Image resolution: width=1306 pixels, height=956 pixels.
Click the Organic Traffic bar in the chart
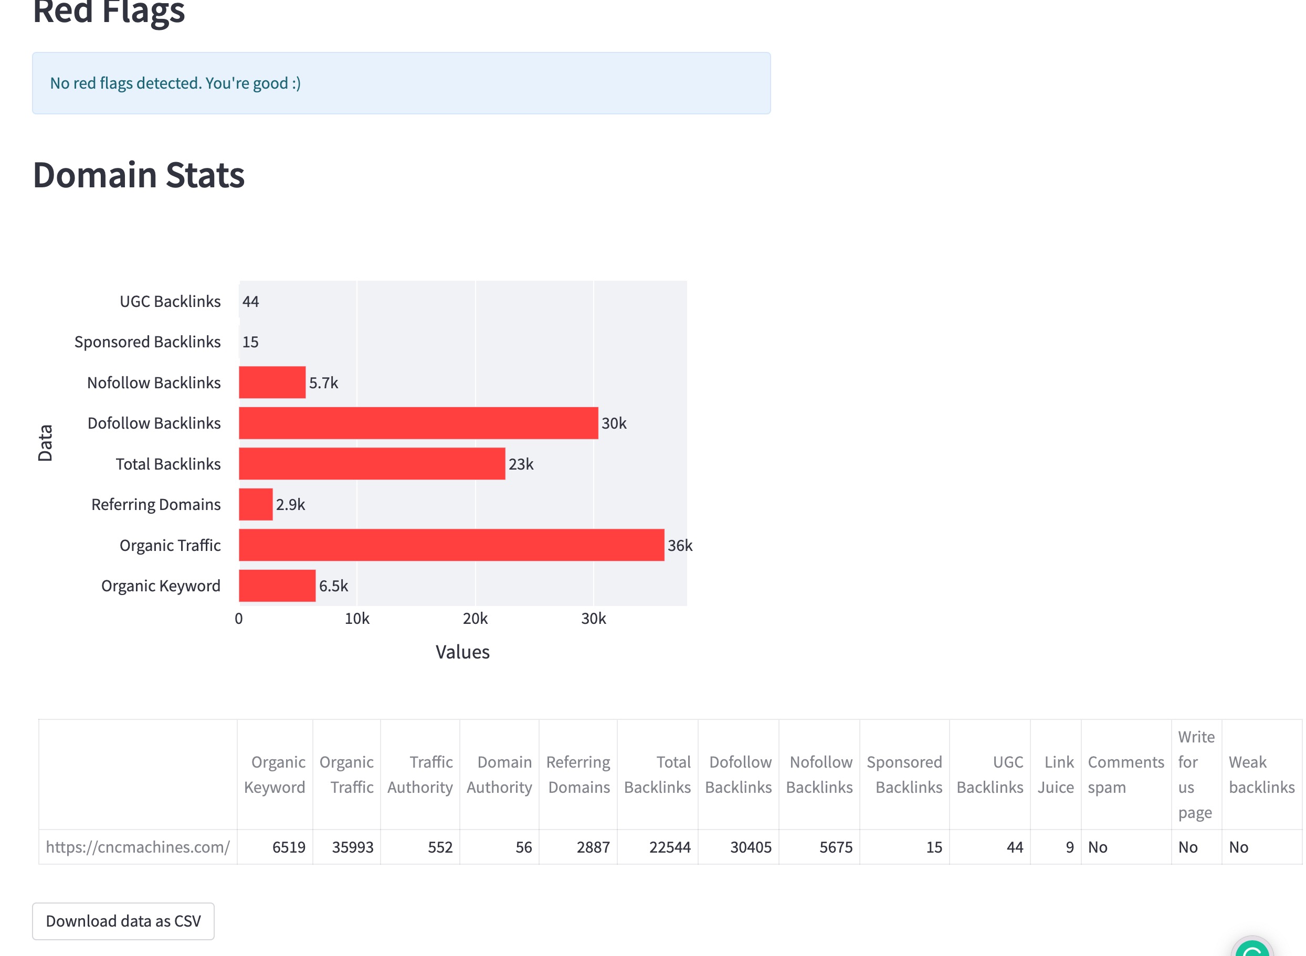tap(451, 545)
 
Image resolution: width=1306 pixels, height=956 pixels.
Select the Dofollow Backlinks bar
tap(418, 423)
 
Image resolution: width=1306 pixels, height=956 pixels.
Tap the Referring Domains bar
tap(256, 504)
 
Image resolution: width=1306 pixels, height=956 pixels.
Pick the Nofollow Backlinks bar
tap(272, 383)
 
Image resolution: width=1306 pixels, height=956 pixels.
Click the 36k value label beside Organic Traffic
tap(680, 545)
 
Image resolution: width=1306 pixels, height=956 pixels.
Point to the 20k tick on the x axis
tap(475, 619)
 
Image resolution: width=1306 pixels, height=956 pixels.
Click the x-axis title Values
tap(462, 652)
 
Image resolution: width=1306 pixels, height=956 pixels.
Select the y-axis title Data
tap(45, 443)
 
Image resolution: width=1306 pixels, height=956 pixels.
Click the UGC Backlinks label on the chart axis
tap(170, 302)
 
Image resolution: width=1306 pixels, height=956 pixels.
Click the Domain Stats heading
tap(139, 175)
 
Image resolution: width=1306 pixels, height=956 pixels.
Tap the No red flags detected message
tap(175, 83)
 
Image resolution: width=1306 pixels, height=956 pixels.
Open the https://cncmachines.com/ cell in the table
tap(138, 847)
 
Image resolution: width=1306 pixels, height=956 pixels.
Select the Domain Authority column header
tap(500, 775)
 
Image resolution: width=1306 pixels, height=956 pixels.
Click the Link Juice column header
tap(1056, 775)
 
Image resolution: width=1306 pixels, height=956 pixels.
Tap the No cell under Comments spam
tap(1098, 847)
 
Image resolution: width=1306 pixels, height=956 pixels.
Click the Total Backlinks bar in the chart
tap(372, 463)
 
